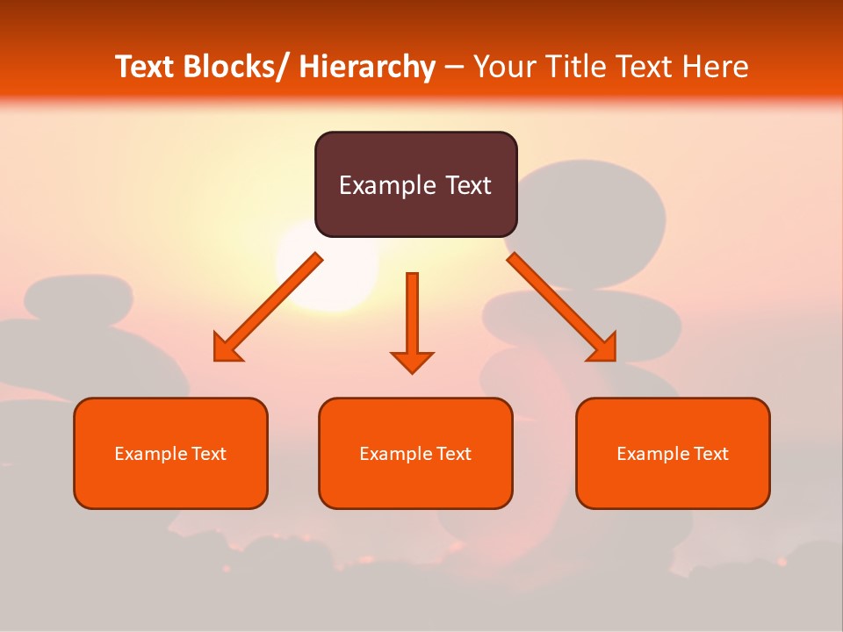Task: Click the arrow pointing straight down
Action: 412,320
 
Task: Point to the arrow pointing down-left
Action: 268,307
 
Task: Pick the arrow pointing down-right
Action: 562,307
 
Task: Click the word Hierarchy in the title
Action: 367,67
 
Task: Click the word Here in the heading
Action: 715,67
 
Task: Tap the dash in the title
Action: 454,67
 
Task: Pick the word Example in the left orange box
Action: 147,454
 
